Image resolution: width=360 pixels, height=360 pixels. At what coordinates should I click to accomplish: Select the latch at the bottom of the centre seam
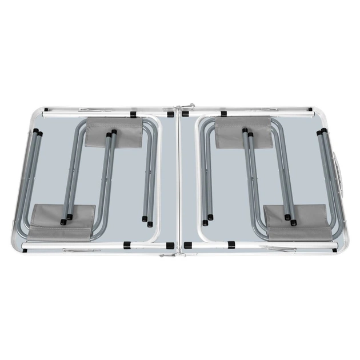[168, 254]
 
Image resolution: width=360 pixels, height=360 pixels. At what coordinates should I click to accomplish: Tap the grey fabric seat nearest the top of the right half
[243, 133]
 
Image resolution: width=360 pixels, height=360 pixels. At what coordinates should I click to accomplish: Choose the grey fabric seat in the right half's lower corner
[298, 223]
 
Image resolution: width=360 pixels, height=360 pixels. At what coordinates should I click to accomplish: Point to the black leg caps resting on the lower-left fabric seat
[66, 217]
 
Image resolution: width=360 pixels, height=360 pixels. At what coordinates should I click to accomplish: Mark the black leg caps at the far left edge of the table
[38, 133]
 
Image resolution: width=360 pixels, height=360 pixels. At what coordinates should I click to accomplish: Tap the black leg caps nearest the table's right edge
[322, 133]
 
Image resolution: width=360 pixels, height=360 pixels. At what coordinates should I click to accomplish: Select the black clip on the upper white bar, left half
[133, 114]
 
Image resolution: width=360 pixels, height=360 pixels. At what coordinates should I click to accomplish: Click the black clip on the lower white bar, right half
[231, 245]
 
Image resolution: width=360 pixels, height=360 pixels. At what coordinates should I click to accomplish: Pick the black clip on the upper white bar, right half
[223, 114]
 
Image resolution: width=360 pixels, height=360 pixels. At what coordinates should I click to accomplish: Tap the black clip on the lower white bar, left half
[127, 245]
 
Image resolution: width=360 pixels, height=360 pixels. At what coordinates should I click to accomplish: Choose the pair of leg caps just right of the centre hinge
[207, 219]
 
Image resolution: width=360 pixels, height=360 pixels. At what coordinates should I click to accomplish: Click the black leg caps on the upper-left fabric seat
[111, 134]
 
